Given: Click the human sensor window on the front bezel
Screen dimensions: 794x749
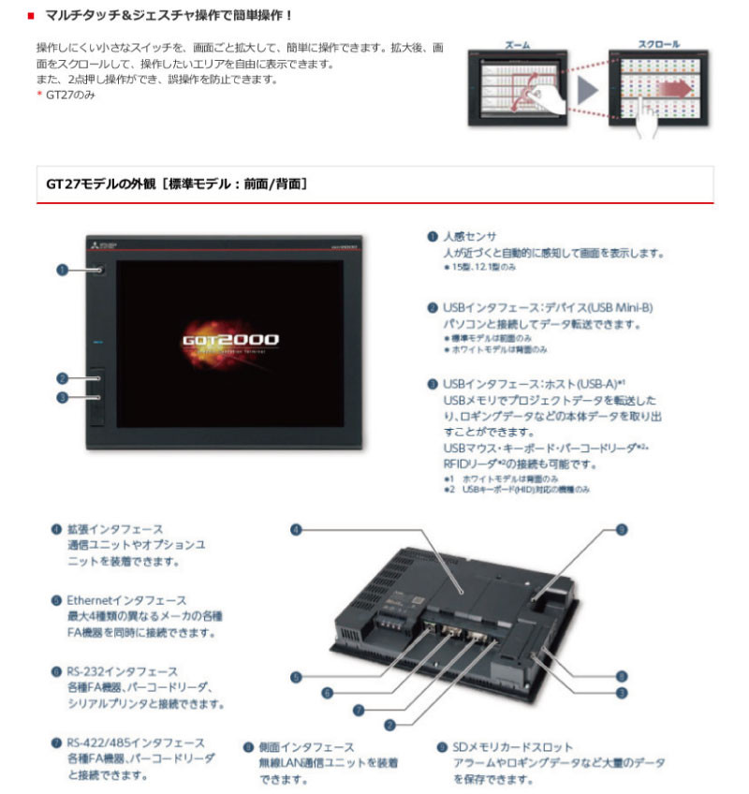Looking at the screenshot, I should pos(99,270).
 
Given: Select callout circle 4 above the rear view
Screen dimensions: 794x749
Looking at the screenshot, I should pos(295,530).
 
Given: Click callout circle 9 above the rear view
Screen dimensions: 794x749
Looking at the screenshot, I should pos(621,530).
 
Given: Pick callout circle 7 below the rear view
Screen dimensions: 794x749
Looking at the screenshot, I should pos(359,709).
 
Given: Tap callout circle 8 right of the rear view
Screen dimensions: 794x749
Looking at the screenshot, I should pos(621,674).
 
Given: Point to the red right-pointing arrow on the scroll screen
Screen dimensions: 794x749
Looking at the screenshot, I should pos(672,91).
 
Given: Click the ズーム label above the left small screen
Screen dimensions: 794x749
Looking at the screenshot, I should pos(517,44).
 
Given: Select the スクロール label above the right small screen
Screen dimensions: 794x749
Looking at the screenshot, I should pos(659,44).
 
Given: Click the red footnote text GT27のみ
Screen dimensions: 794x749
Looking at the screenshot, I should pos(70,96).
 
